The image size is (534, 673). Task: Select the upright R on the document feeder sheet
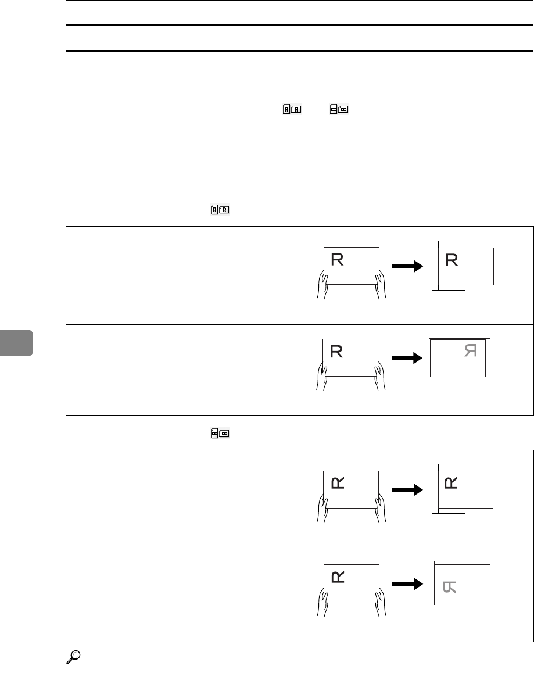click(x=452, y=260)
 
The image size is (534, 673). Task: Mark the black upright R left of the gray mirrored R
click(x=336, y=351)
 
